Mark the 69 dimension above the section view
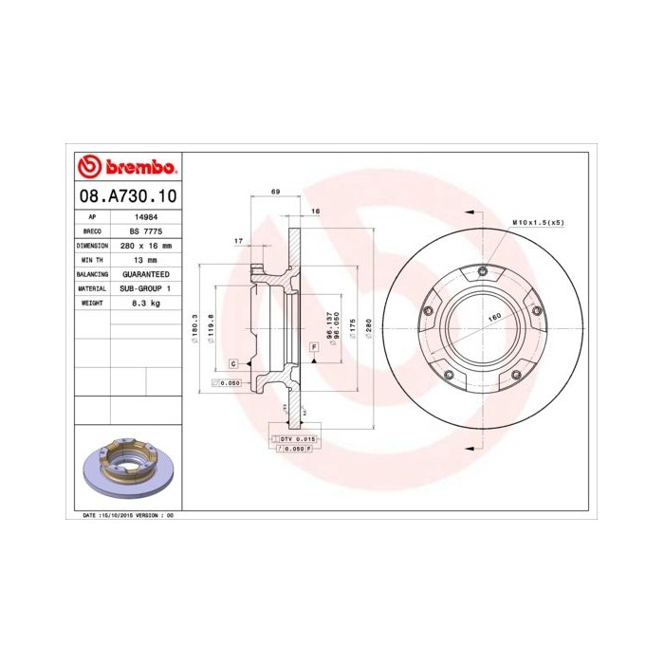275,193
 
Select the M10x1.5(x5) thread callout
538,222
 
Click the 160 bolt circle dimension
494,319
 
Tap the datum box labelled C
232,364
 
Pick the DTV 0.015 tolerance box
298,440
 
